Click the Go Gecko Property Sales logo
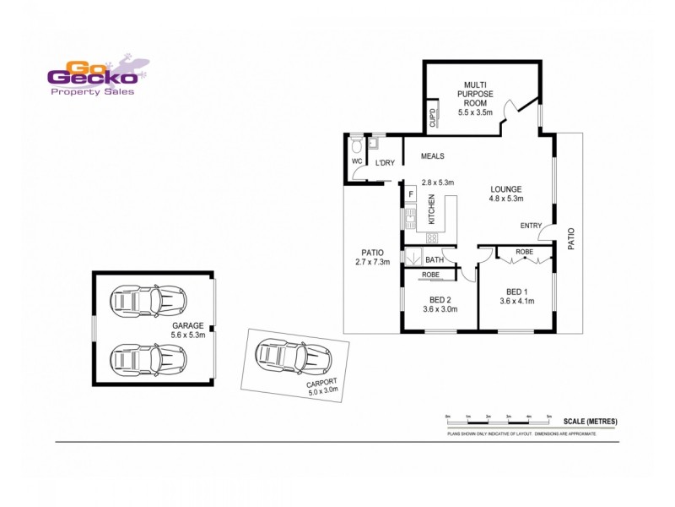(x=94, y=78)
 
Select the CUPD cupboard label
(x=433, y=117)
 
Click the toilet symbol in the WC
(x=356, y=144)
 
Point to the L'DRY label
(x=386, y=163)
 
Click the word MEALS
(x=432, y=156)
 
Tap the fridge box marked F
(x=411, y=194)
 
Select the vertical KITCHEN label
(x=431, y=210)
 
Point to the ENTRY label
(x=531, y=226)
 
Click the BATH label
(x=435, y=259)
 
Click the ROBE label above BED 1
(x=524, y=252)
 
